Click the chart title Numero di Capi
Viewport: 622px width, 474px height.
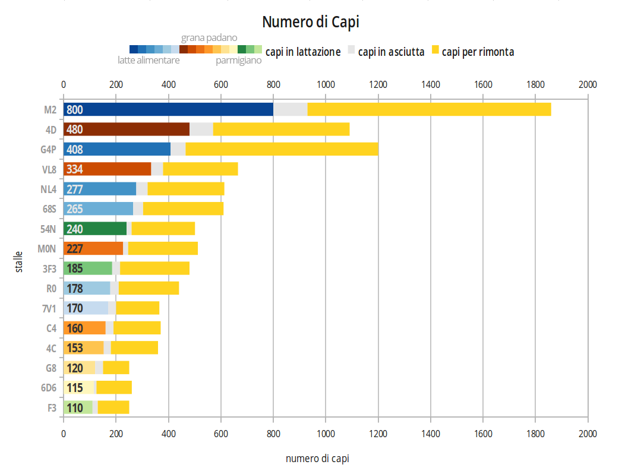(x=311, y=23)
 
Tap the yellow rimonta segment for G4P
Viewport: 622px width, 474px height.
(x=282, y=149)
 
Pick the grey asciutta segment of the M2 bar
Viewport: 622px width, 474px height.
(x=290, y=109)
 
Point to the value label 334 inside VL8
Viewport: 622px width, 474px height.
(x=75, y=169)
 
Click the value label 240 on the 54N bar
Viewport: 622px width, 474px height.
(x=75, y=229)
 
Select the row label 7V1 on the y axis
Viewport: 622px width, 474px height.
(x=49, y=308)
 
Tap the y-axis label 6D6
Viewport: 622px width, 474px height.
(x=49, y=388)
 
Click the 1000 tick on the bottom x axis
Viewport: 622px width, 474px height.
(x=326, y=434)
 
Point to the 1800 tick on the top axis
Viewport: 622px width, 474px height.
(x=535, y=84)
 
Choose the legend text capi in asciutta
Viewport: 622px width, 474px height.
(x=391, y=52)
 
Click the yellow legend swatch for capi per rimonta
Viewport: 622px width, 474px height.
(x=435, y=50)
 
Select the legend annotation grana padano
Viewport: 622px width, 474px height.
(x=209, y=38)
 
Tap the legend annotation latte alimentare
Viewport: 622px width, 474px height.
(x=148, y=61)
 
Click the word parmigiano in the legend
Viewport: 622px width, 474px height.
(x=238, y=61)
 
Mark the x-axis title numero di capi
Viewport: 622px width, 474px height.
(x=317, y=459)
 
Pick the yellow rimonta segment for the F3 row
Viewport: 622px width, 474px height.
(x=113, y=407)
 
